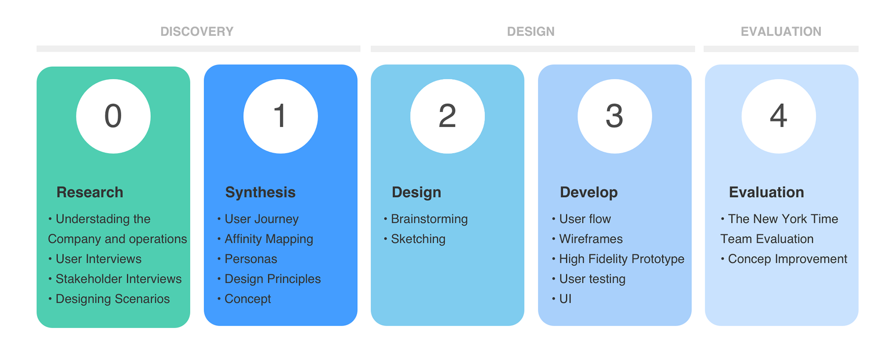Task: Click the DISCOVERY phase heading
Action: point(197,32)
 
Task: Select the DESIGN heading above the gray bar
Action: point(530,32)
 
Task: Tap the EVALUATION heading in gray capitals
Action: point(781,32)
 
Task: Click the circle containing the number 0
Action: point(113,116)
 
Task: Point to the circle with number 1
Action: point(280,116)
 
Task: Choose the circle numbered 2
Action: point(447,116)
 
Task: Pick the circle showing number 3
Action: point(614,116)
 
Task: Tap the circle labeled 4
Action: point(779,116)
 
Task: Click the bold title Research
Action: point(90,192)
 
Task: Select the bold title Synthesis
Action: point(260,193)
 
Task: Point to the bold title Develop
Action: point(589,193)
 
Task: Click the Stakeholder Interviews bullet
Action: point(115,279)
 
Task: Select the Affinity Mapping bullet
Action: point(265,239)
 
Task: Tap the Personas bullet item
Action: point(247,259)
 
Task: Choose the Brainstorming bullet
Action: point(426,219)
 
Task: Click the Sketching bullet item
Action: point(414,239)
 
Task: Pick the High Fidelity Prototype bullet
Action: point(618,259)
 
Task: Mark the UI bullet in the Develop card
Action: point(562,299)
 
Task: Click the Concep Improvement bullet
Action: point(784,259)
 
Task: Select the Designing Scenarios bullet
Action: point(109,299)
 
